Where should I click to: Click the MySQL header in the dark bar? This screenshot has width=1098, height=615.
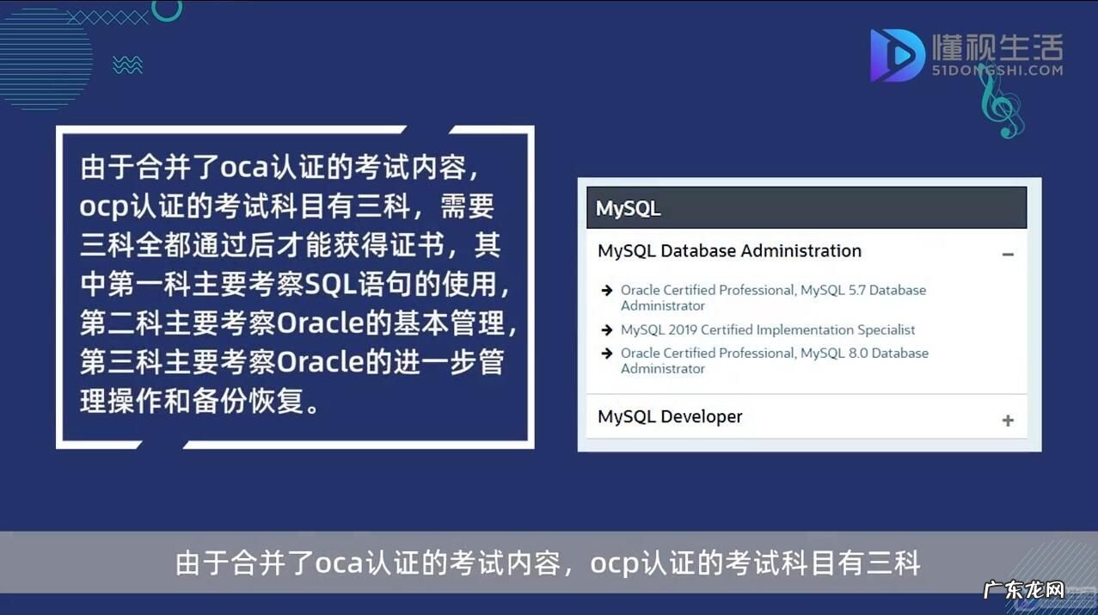pyautogui.click(x=628, y=209)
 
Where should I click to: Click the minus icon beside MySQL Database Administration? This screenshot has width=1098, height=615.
pyautogui.click(x=1008, y=255)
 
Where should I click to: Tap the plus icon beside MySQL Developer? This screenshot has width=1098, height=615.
pyautogui.click(x=1008, y=421)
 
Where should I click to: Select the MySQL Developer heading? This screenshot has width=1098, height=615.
pyautogui.click(x=670, y=416)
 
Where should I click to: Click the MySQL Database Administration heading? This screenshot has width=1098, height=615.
pyautogui.click(x=729, y=251)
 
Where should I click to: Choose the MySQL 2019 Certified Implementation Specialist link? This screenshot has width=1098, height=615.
pyautogui.click(x=768, y=329)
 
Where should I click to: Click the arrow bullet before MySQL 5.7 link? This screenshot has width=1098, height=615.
pyautogui.click(x=607, y=291)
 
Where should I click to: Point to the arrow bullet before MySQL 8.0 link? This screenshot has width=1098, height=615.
pyautogui.click(x=607, y=354)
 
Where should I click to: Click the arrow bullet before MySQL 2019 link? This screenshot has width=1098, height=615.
pyautogui.click(x=607, y=330)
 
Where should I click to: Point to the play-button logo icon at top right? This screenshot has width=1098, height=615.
pyautogui.click(x=897, y=55)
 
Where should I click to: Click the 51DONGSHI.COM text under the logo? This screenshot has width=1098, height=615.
pyautogui.click(x=997, y=71)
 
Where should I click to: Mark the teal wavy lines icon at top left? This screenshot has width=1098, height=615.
pyautogui.click(x=127, y=65)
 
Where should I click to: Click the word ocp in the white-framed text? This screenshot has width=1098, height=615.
pyautogui.click(x=105, y=207)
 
